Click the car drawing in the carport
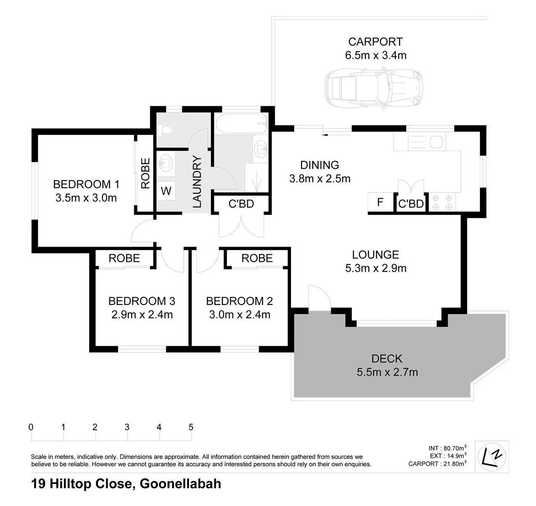(374, 88)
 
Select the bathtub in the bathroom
(241, 124)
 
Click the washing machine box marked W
(166, 191)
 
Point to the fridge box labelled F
(380, 202)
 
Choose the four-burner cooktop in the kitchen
(442, 202)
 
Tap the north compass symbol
(492, 457)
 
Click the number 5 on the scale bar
(191, 427)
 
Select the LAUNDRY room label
(197, 181)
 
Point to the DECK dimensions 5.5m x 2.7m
(387, 372)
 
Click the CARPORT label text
(376, 42)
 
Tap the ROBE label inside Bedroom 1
(145, 173)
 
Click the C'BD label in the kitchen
(411, 204)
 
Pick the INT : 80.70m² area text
(447, 448)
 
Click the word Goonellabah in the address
(180, 484)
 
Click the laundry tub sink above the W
(166, 163)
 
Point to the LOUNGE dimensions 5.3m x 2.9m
(376, 268)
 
